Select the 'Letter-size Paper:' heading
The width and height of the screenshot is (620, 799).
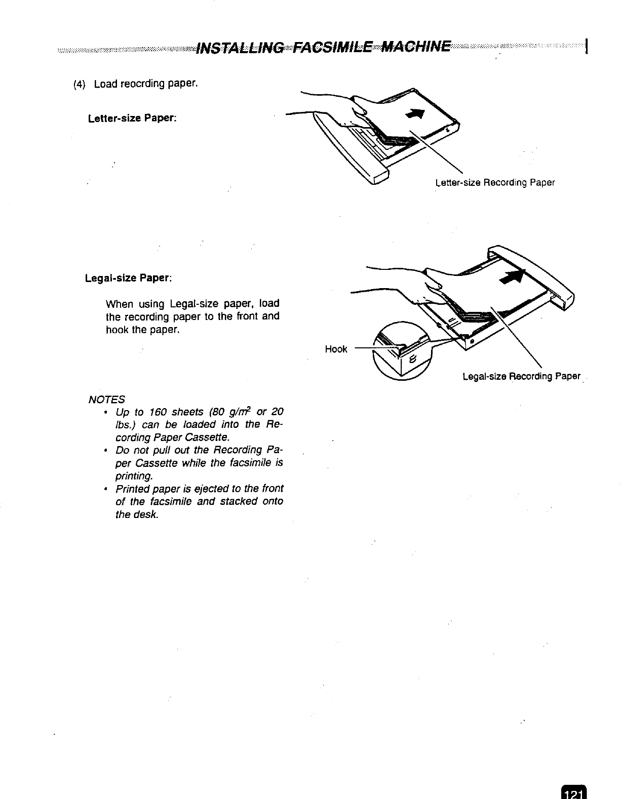pyautogui.click(x=132, y=119)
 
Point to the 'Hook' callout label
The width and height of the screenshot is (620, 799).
pyautogui.click(x=336, y=349)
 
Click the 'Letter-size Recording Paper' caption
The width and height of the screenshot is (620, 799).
pyautogui.click(x=495, y=182)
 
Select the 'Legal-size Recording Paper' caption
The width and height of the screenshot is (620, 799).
pyautogui.click(x=521, y=376)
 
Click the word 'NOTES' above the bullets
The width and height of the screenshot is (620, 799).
pyautogui.click(x=106, y=399)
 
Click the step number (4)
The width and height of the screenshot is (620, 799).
pyautogui.click(x=80, y=84)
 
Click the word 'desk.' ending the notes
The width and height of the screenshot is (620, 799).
pyautogui.click(x=147, y=515)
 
